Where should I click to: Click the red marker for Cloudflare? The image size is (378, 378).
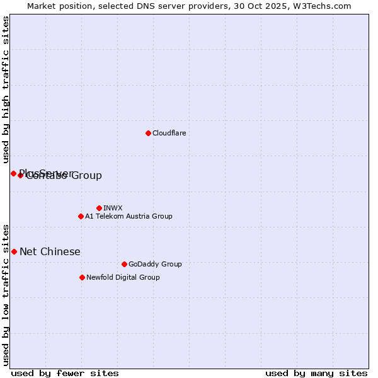click(148, 133)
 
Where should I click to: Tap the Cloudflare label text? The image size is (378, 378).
click(169, 133)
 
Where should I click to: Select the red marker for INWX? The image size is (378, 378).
click(99, 208)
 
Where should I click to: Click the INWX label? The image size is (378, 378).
click(113, 208)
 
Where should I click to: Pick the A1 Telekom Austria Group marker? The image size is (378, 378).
click(81, 216)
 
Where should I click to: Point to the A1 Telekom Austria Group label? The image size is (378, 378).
click(129, 216)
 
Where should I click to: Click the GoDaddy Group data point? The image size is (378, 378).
click(124, 264)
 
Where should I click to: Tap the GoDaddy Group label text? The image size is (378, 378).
click(155, 264)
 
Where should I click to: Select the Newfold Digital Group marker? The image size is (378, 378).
click(82, 277)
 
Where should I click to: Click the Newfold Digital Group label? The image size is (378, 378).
click(123, 277)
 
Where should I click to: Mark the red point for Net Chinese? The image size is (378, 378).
click(14, 251)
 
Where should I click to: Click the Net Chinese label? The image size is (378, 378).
click(50, 252)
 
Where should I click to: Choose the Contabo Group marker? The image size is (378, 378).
click(20, 175)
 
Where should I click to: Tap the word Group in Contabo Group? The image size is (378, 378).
click(87, 176)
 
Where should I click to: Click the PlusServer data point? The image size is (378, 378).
click(13, 173)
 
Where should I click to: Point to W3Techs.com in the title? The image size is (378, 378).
click(320, 6)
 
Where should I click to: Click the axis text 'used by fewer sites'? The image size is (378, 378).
click(65, 373)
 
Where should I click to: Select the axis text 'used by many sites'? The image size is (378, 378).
click(316, 373)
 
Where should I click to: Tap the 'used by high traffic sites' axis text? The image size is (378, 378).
click(6, 90)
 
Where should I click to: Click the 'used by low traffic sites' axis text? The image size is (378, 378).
click(6, 294)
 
